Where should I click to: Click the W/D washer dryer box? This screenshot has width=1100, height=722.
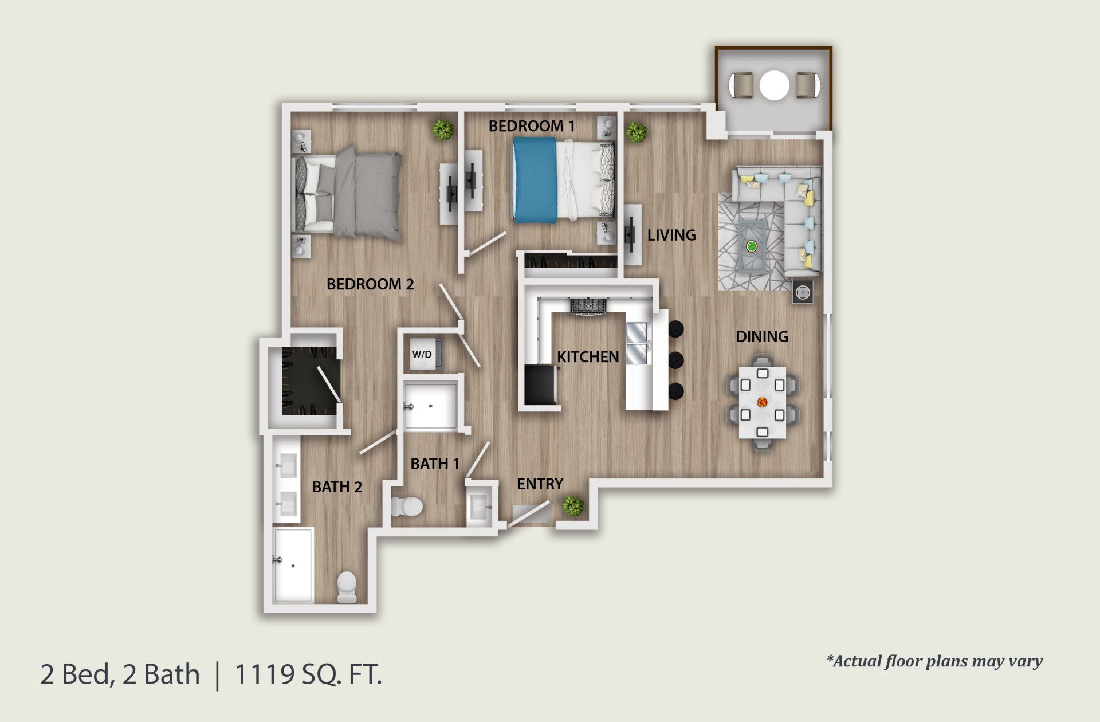pos(423,355)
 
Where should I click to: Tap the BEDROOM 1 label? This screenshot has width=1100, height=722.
pos(531,126)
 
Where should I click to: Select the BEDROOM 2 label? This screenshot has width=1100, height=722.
pos(370,284)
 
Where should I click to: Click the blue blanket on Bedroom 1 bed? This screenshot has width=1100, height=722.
pos(535,180)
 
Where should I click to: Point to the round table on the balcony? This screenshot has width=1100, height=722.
pos(774,86)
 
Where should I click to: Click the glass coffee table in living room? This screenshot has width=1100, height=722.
pos(751,246)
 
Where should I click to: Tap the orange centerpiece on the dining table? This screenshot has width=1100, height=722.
pos(762,402)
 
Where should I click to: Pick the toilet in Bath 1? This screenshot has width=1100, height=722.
pos(407,507)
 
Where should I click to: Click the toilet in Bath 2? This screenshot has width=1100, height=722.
pos(347,587)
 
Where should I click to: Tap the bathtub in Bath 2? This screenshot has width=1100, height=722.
pos(293,565)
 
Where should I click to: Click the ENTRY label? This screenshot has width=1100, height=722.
pos(540,484)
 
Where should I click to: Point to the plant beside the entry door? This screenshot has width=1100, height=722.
pos(572,505)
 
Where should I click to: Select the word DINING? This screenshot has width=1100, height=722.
pos(761,336)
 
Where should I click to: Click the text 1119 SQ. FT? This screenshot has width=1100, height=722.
pos(308,674)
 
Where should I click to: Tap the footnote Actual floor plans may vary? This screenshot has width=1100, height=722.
pos(934,661)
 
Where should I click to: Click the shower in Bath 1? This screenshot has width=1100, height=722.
pos(431,406)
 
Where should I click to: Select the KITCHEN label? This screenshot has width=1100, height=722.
pos(588,357)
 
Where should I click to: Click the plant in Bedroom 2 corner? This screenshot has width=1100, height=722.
pos(442,129)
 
